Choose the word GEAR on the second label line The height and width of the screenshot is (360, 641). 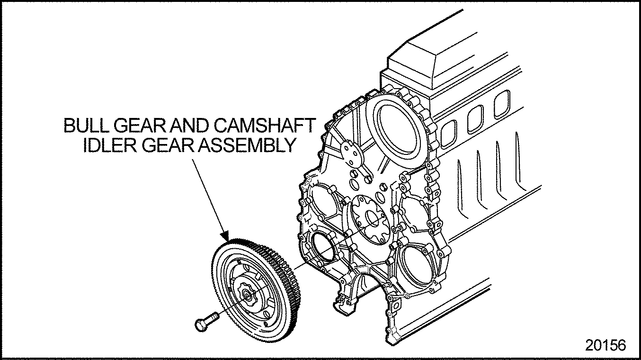click(168, 145)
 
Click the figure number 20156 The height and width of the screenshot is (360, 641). click(605, 345)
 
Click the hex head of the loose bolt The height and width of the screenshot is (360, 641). click(202, 325)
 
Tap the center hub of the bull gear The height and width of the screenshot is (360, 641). click(247, 295)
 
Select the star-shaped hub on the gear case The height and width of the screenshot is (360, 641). click(370, 220)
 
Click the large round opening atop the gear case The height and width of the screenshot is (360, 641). click(395, 132)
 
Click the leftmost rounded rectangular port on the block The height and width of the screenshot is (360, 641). click(448, 134)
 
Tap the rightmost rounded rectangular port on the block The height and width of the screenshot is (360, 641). click(502, 104)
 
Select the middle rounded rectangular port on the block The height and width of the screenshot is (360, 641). click(476, 119)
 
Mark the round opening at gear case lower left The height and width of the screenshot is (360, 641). click(324, 249)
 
